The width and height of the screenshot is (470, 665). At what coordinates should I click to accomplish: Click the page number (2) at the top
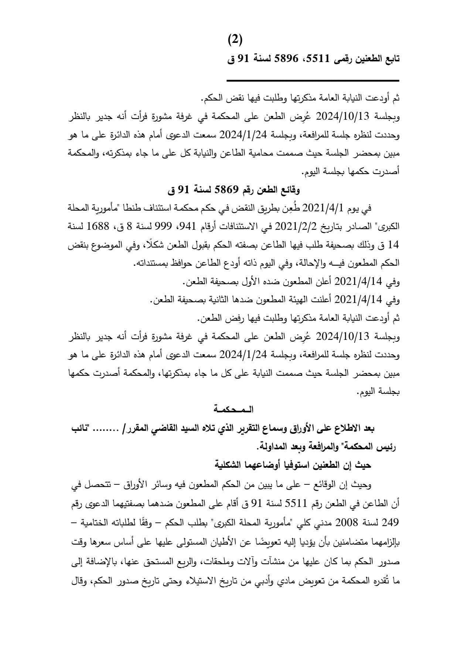coord(235,39)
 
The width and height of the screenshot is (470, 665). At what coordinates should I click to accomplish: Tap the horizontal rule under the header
coord(313,81)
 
